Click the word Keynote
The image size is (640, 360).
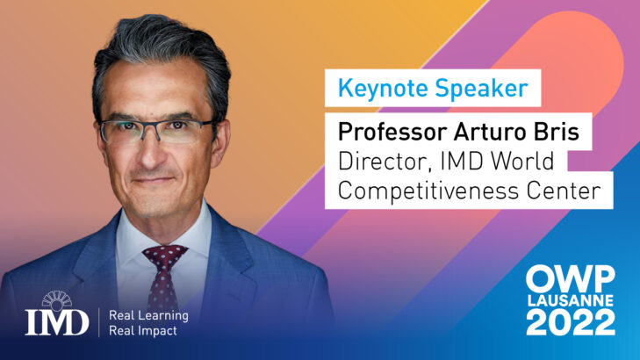click(383, 89)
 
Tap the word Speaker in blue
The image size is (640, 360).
click(481, 89)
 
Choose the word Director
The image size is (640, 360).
click(385, 162)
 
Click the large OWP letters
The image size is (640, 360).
click(570, 278)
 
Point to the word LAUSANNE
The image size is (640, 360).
click(570, 300)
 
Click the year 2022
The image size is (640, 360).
click(570, 322)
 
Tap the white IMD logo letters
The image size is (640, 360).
click(57, 322)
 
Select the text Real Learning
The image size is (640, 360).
click(148, 315)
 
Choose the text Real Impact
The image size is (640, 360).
click(143, 331)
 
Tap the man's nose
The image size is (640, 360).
click(151, 151)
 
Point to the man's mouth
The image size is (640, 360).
click(153, 180)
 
